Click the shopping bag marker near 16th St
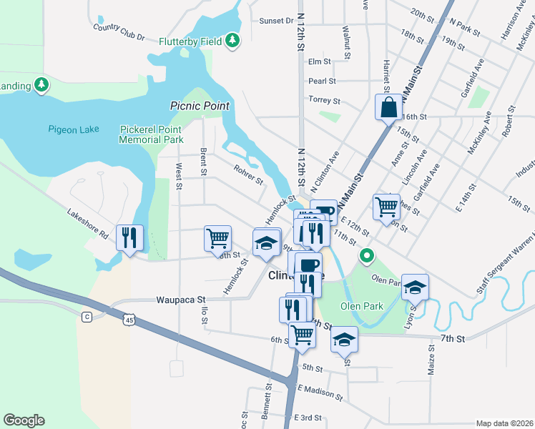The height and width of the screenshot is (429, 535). pyautogui.click(x=388, y=108)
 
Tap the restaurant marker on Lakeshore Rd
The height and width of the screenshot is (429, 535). pyautogui.click(x=129, y=237)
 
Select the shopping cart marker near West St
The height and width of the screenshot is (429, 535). pyautogui.click(x=217, y=237)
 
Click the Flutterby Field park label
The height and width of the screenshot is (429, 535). pyautogui.click(x=191, y=41)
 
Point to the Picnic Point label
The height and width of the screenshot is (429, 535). pyautogui.click(x=200, y=105)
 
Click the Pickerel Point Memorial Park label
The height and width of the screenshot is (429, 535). pyautogui.click(x=152, y=134)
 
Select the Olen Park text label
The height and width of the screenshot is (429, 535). pyautogui.click(x=361, y=306)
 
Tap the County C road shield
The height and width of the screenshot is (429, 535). pyautogui.click(x=87, y=316)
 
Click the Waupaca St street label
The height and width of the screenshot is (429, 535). pyautogui.click(x=181, y=300)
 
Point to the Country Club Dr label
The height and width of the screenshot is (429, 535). pyautogui.click(x=119, y=32)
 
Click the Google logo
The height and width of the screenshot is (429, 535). pyautogui.click(x=24, y=420)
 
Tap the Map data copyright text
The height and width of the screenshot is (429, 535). pyautogui.click(x=504, y=423)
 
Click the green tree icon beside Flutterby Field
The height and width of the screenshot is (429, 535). pyautogui.click(x=232, y=41)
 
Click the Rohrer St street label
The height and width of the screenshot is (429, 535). pyautogui.click(x=249, y=174)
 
